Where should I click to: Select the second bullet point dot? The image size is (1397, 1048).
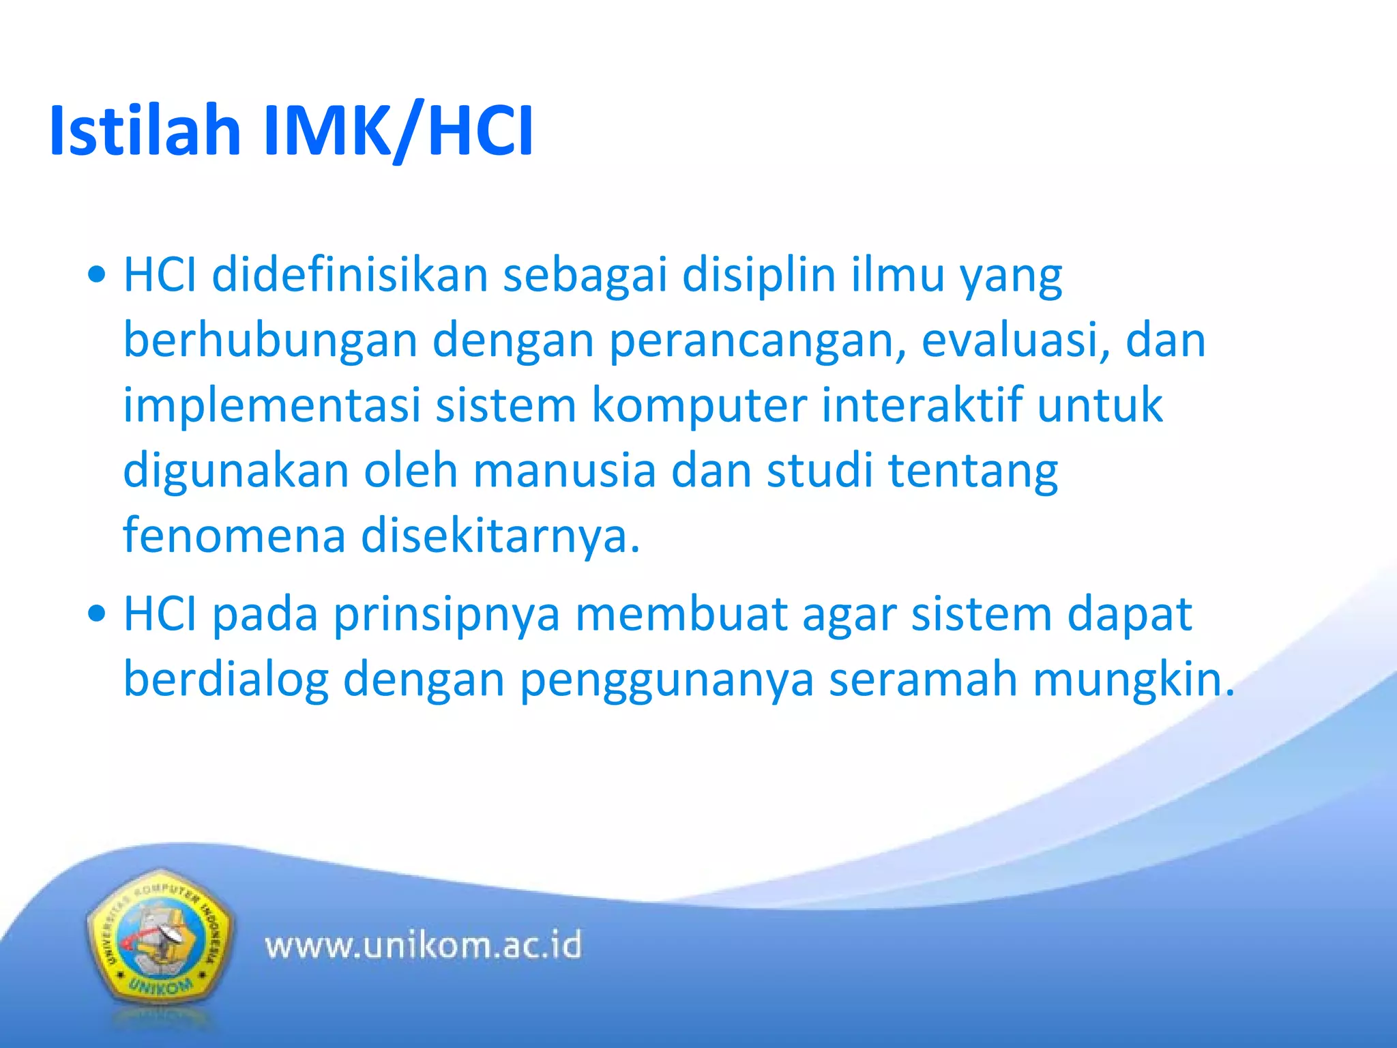[x=98, y=613]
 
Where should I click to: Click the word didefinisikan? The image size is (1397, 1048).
[x=350, y=275]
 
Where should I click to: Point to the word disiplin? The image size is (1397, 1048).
[x=759, y=275]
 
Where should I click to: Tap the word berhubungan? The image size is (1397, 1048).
[x=270, y=340]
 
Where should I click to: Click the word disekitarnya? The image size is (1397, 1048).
[x=500, y=536]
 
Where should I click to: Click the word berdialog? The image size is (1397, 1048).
[x=226, y=680]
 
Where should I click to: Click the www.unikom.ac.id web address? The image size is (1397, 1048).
[x=424, y=946]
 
